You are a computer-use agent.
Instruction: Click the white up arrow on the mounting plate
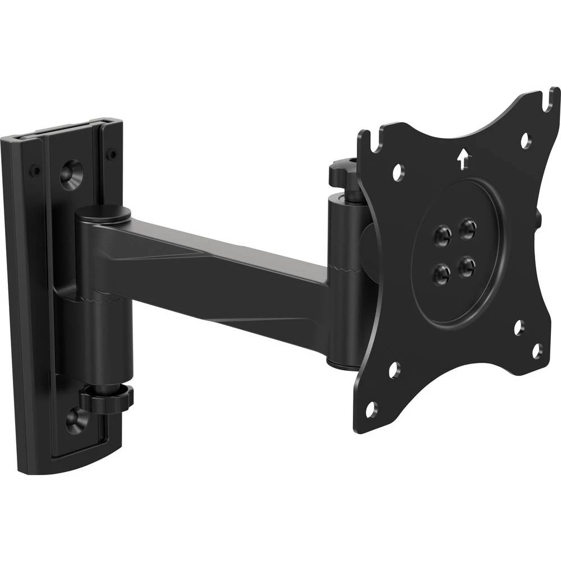pos(462,159)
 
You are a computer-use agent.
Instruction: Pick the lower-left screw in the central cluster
pos(442,274)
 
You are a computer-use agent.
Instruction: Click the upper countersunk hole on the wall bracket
pos(72,174)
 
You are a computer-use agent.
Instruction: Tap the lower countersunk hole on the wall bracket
pos(75,420)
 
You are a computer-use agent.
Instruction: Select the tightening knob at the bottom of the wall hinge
pos(106,399)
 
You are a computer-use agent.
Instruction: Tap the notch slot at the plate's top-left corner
pos(365,140)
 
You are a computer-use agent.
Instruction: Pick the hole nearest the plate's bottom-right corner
pos(537,351)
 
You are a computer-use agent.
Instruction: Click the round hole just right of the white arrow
pos(525,140)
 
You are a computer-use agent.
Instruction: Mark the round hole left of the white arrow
pos(398,172)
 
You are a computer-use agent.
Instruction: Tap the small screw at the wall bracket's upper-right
pos(112,153)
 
